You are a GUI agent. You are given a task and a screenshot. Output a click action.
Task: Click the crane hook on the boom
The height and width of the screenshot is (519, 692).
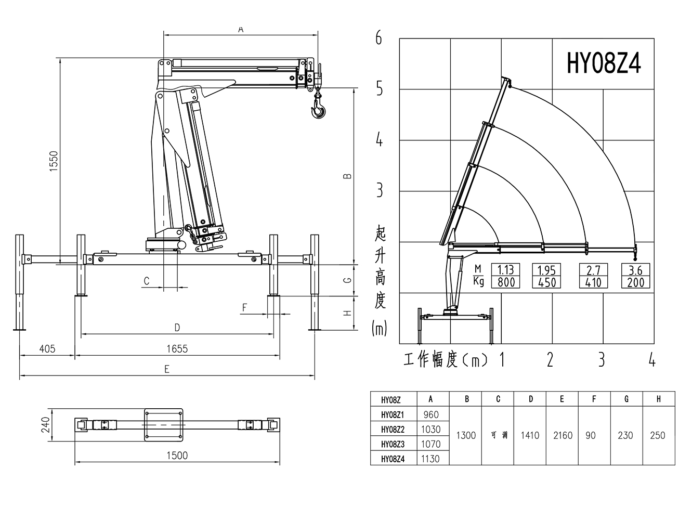(x=318, y=110)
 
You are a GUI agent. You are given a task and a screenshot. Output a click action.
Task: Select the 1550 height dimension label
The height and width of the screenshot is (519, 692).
(x=54, y=162)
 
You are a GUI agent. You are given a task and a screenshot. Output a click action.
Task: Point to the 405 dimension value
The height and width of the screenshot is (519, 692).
(x=47, y=349)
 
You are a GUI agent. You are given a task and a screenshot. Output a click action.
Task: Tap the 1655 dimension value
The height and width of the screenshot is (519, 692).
(x=177, y=349)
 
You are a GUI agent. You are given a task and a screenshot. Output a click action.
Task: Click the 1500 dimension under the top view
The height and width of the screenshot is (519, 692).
(x=177, y=456)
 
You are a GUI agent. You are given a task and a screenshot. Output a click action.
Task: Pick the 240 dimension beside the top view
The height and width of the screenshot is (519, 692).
(x=46, y=425)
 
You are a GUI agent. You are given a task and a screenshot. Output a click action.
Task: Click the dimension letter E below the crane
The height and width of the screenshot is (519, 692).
(x=167, y=369)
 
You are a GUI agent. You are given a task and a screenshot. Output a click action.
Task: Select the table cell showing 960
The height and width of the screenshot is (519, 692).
(x=431, y=415)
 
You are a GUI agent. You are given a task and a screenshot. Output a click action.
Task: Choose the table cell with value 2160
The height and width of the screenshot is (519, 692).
(x=563, y=435)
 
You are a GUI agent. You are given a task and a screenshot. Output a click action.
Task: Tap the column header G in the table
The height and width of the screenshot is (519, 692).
(x=626, y=399)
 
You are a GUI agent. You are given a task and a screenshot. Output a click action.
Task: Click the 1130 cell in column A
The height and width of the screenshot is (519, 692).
(x=431, y=459)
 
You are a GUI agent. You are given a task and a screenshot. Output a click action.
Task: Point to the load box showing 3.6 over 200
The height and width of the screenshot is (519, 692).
(x=635, y=276)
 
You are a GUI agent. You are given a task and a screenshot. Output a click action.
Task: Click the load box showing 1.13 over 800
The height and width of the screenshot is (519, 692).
(x=506, y=276)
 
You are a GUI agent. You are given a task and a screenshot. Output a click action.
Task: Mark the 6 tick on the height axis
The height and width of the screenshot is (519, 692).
(x=379, y=38)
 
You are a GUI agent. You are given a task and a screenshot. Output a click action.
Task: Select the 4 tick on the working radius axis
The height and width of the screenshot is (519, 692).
(x=652, y=360)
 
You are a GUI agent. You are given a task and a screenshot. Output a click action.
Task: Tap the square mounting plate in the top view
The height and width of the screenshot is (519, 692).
(x=163, y=424)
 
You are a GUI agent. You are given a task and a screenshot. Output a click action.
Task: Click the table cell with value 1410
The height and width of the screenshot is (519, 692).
(x=530, y=435)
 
